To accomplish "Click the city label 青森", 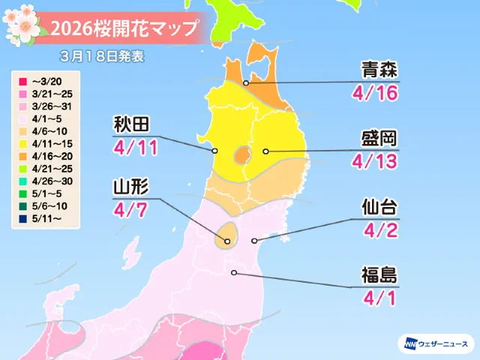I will pos(373,71).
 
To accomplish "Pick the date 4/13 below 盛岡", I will pos(373,162).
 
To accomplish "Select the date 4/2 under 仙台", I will pos(373,231).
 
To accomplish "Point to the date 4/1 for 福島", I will pos(373,296).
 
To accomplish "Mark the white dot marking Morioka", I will pos(265,151).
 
